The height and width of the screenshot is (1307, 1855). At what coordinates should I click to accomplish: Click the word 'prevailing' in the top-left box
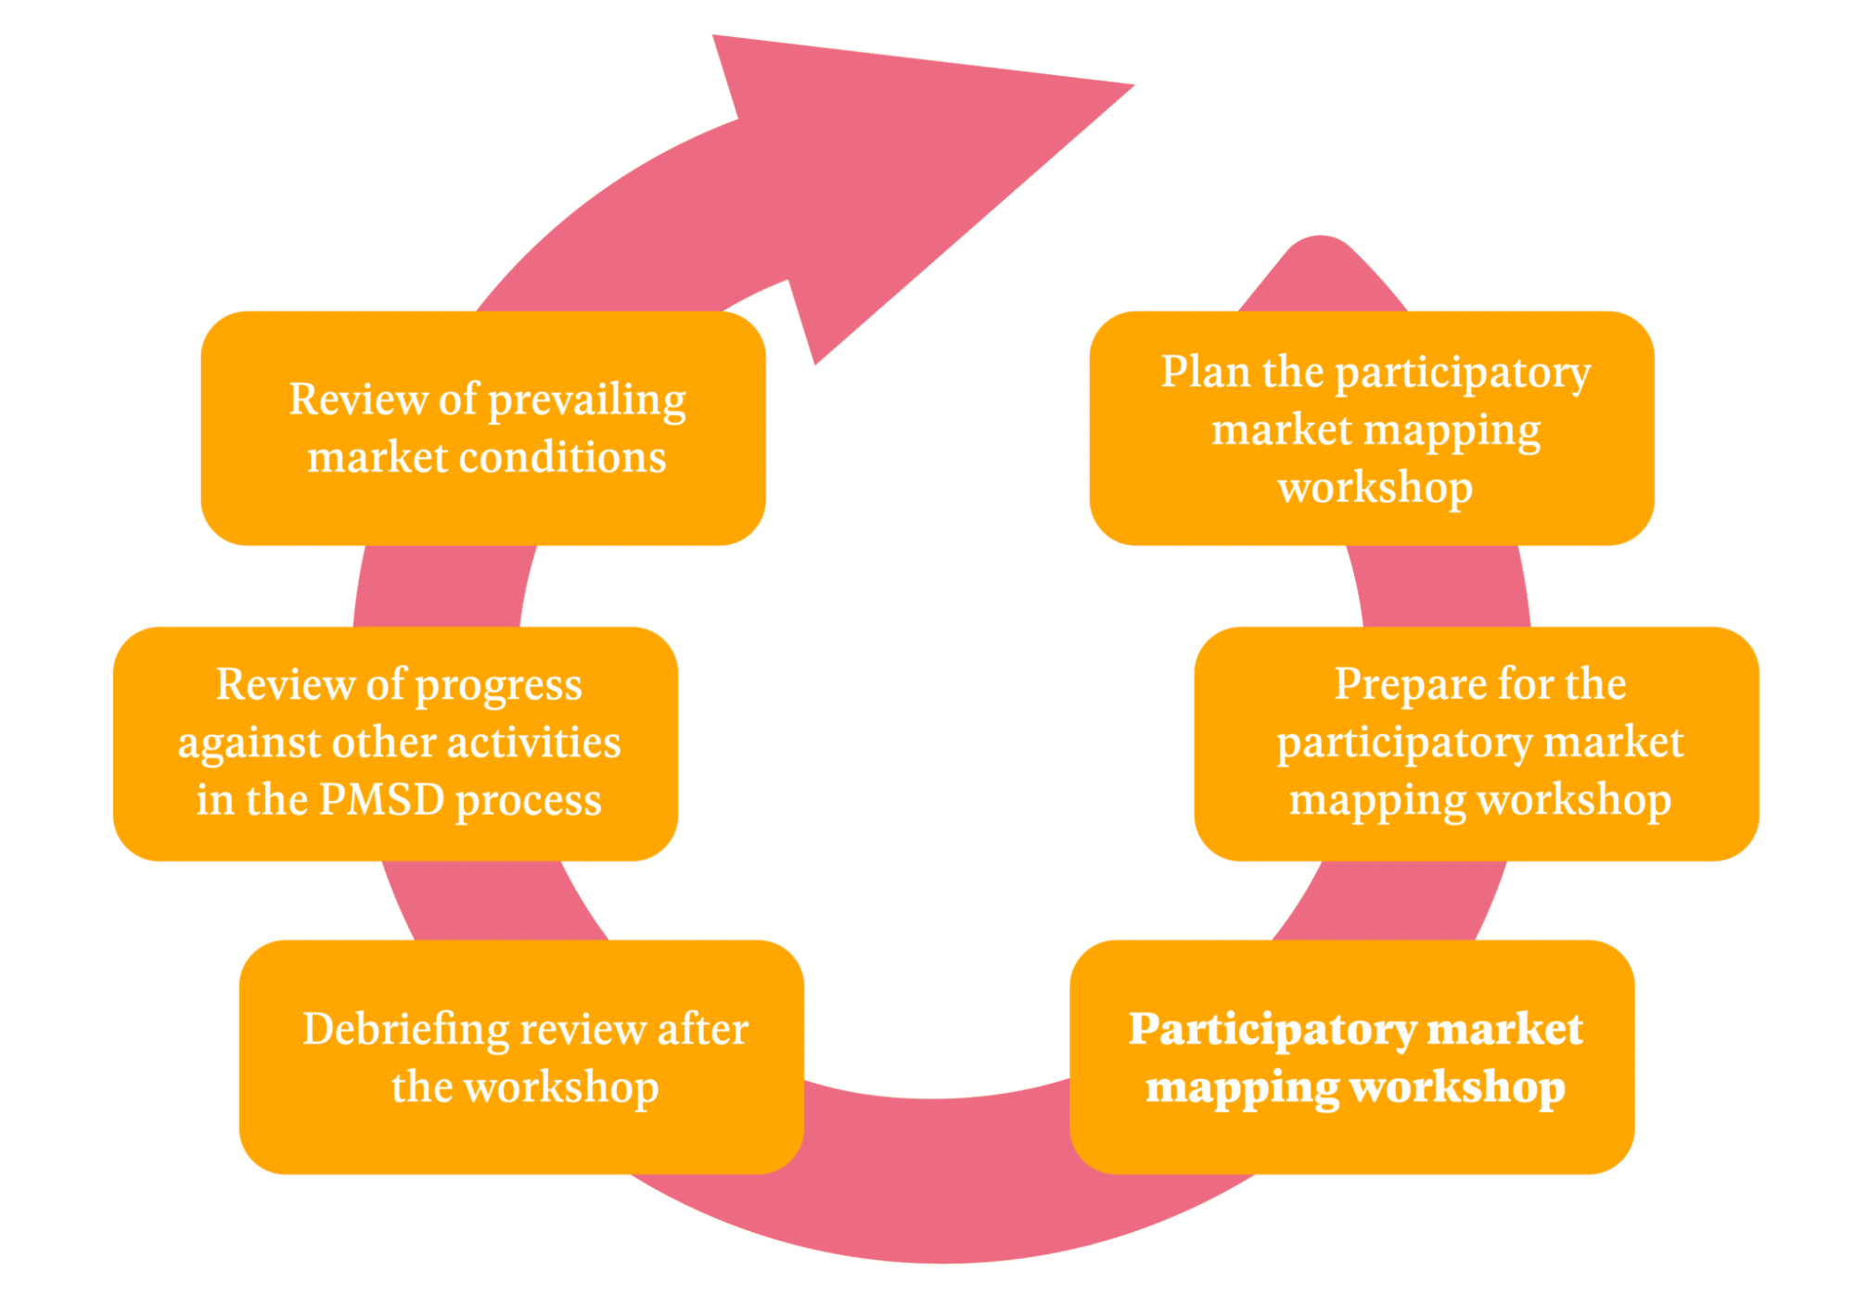[x=586, y=401]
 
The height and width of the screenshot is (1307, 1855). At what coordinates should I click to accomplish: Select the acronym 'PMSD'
[x=381, y=800]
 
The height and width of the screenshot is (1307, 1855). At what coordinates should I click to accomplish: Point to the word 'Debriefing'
[x=406, y=1030]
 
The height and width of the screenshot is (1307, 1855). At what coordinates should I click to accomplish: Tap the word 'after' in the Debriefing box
[x=702, y=1030]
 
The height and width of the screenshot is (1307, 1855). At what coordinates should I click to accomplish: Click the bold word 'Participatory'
[x=1272, y=1030]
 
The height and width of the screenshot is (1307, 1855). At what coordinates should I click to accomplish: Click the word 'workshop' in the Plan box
[x=1375, y=488]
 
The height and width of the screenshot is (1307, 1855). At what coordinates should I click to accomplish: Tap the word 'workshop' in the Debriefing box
[x=561, y=1087]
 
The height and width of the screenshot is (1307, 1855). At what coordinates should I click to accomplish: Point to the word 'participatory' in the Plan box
[x=1463, y=374]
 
